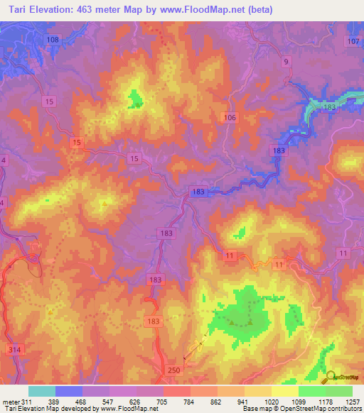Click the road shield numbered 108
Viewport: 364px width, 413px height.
(x=53, y=40)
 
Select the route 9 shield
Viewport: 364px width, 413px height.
(x=287, y=62)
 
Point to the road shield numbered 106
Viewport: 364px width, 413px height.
(x=229, y=117)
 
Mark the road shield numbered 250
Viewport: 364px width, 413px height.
(x=176, y=370)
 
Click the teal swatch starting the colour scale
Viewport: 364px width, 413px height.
(x=41, y=391)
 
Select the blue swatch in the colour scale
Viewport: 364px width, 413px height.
(x=68, y=391)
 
